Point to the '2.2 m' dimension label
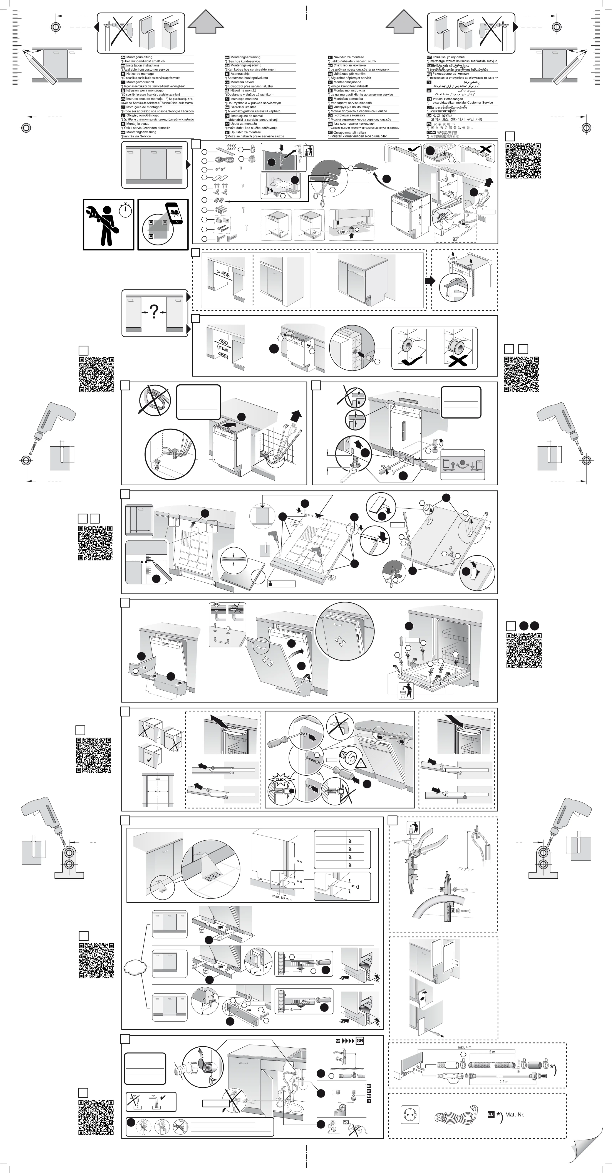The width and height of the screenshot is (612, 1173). pos(504,1081)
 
